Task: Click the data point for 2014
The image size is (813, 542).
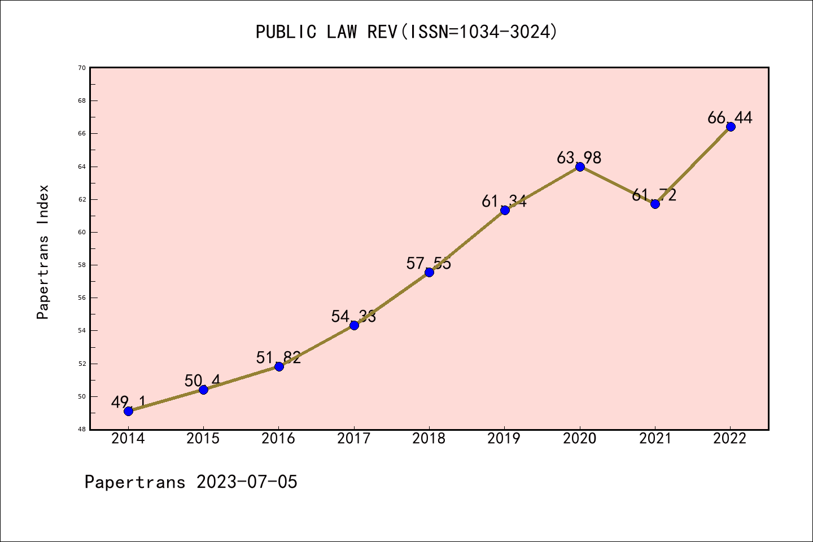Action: pos(128,411)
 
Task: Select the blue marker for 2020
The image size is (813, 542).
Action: pos(580,167)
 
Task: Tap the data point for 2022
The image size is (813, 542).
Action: pos(731,126)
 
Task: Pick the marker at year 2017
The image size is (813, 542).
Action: pos(354,325)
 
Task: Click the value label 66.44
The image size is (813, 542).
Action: pos(730,118)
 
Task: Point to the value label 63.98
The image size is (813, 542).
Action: pos(579,158)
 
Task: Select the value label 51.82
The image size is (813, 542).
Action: pos(278,357)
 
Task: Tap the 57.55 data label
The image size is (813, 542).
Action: pos(429,263)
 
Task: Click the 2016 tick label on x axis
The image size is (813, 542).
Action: pos(278,439)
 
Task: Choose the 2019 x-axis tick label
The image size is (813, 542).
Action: pos(504,439)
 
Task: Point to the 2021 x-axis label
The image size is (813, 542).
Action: pos(655,439)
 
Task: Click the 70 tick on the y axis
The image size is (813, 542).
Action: pos(82,68)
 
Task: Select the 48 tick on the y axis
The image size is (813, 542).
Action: pos(82,430)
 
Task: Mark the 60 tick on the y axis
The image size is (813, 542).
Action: pos(82,232)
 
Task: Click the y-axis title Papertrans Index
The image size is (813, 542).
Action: pos(43,252)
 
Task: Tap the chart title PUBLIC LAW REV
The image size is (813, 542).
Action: pos(327,32)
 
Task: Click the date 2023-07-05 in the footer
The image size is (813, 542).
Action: pos(247,482)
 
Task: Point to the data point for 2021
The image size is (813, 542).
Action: pos(655,204)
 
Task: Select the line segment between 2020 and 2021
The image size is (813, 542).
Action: pos(617,185)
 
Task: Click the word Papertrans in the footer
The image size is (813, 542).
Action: pos(135,482)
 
